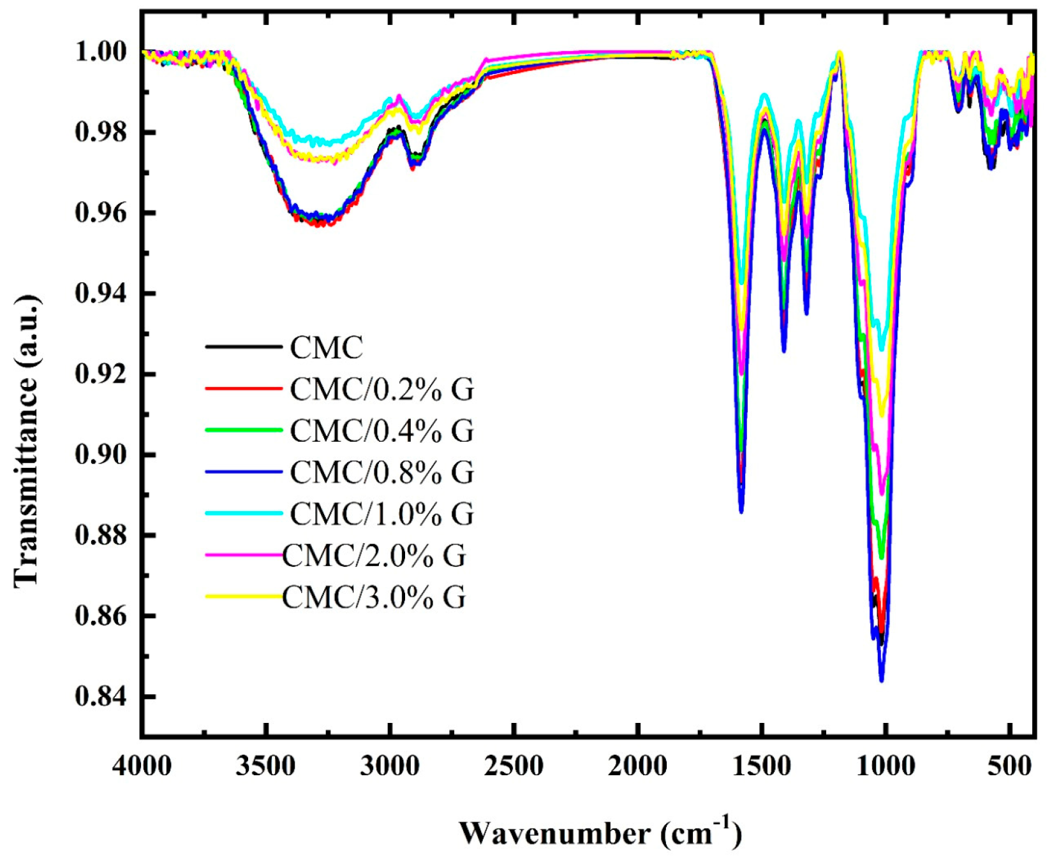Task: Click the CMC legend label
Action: coord(326,348)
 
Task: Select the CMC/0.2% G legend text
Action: coord(382,390)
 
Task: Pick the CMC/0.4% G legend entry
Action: coord(382,431)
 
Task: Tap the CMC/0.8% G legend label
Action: coord(382,472)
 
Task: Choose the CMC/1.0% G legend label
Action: coord(382,514)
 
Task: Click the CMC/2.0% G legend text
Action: coord(374,556)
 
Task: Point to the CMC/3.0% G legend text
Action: coord(374,597)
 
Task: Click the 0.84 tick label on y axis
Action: coord(101,697)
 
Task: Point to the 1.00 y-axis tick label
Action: coord(101,52)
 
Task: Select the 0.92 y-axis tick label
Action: coord(101,374)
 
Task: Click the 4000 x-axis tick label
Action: coord(142,765)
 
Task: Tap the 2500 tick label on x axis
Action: coord(514,765)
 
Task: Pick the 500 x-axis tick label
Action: coord(1010,765)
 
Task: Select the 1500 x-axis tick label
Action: coord(762,765)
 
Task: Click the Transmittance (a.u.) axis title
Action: coord(27,440)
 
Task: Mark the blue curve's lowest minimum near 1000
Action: coord(882,680)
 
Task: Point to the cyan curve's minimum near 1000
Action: coord(882,349)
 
